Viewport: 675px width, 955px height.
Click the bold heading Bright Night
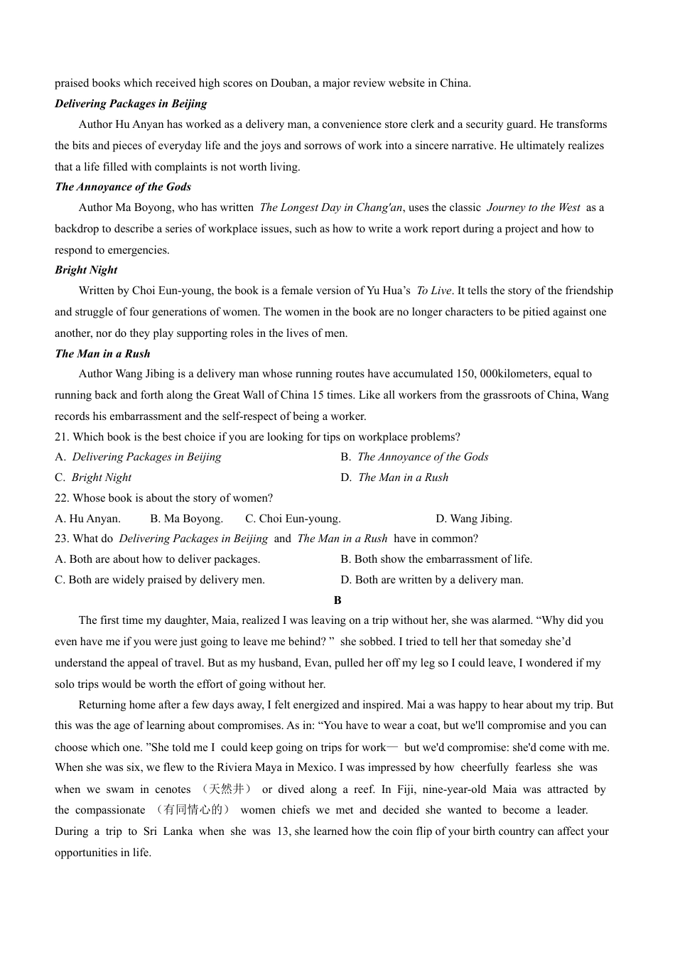coord(86,270)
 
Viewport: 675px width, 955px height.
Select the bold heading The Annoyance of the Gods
coord(123,187)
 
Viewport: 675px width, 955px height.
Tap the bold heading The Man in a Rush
coord(102,354)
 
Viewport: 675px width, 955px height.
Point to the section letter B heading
coord(337,600)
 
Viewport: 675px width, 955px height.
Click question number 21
coord(63,437)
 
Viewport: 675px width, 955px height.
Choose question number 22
coord(63,498)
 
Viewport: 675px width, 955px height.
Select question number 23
coord(63,539)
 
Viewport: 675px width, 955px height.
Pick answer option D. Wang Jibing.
coord(474,519)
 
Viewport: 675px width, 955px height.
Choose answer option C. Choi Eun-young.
coord(293,519)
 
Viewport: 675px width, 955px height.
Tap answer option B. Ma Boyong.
coord(187,519)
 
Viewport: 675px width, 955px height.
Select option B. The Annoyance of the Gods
coord(414,457)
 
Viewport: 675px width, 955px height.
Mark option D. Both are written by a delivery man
coord(432,580)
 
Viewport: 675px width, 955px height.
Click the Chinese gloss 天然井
coord(227,789)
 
